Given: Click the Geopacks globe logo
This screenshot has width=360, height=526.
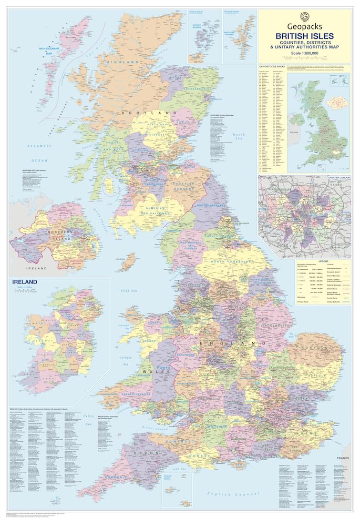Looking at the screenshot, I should click(x=304, y=16).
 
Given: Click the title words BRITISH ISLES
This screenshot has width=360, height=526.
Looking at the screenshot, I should click(x=304, y=36).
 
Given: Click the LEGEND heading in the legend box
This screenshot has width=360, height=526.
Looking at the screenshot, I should click(x=323, y=261).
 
